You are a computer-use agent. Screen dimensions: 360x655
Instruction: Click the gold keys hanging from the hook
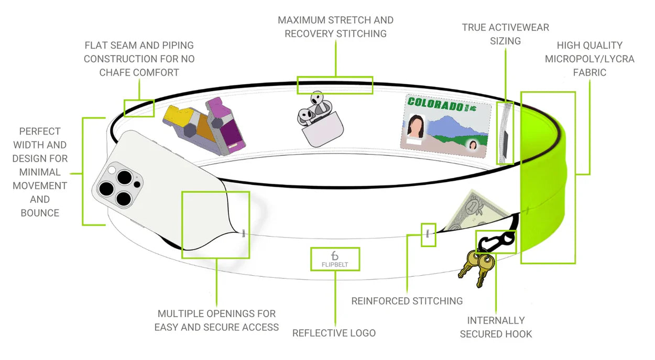coord(476,266)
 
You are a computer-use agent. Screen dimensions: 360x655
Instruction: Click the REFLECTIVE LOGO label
coord(334,333)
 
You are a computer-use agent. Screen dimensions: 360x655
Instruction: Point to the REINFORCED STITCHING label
coord(407,301)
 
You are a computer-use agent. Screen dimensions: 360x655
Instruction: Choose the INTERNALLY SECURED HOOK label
coord(496,327)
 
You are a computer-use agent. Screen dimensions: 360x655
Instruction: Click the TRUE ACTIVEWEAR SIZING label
coord(505,34)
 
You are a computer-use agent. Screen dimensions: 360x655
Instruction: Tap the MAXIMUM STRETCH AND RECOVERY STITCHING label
coord(335,27)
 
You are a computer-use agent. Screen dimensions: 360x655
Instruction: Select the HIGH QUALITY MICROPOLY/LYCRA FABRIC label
coord(589,59)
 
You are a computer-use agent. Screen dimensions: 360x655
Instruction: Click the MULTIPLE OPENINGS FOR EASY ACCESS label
coord(216,320)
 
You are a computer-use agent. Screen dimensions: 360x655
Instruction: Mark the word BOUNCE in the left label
coord(40,213)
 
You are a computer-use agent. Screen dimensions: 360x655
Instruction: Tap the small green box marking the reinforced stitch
coord(428,235)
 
